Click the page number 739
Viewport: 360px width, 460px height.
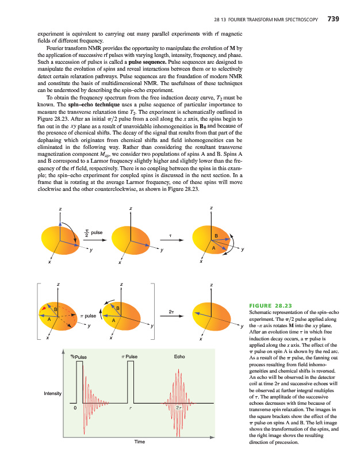pos(332,19)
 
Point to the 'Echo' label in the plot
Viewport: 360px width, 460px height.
pos(179,357)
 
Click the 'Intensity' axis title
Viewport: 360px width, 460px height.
pos(53,394)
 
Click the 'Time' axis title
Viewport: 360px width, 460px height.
pos(139,442)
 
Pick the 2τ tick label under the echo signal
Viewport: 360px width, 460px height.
pos(179,408)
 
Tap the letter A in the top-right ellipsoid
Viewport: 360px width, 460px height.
pos(213,248)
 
